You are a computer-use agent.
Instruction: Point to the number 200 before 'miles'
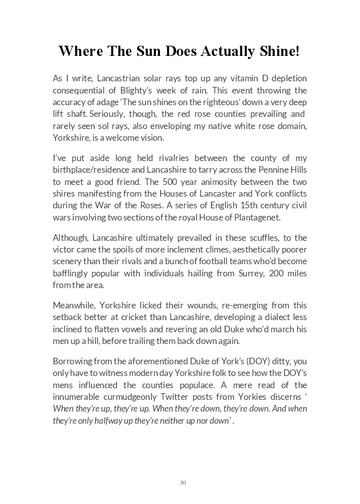[x=280, y=273]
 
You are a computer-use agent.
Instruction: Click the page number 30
[x=183, y=483]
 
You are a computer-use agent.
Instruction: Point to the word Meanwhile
[x=74, y=305]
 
